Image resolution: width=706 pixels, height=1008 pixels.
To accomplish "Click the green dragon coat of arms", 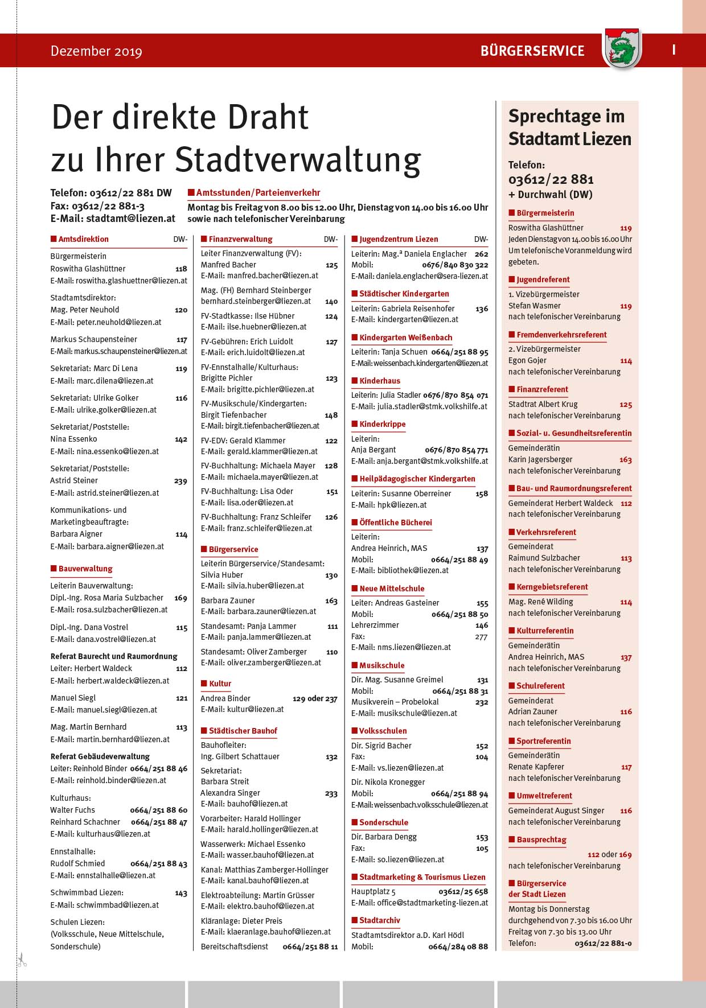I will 622,50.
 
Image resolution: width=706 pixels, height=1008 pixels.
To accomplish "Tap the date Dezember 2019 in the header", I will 96,51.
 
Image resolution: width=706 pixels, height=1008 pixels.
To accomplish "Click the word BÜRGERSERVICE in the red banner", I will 532,51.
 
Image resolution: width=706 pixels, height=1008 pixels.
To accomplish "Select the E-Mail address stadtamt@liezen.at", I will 130,218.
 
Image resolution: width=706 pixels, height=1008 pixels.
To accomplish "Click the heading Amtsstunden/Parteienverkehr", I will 258,193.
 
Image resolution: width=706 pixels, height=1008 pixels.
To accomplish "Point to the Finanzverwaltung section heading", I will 240,239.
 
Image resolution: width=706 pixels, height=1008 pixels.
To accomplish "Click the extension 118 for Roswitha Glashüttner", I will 181,269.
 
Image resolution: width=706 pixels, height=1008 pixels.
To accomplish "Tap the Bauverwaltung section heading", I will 85,569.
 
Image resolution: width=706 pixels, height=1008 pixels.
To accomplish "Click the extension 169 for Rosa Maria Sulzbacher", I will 180,598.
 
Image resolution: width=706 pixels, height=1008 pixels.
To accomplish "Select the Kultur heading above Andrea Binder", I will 220,684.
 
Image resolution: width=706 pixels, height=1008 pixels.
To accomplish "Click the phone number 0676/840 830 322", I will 455,265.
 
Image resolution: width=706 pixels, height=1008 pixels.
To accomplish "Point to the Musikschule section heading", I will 381,665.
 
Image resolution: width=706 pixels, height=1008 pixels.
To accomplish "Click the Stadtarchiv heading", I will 379,920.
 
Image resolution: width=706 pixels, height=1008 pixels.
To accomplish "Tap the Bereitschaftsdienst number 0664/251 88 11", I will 310,947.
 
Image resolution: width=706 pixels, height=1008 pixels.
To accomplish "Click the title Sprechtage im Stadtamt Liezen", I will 569,127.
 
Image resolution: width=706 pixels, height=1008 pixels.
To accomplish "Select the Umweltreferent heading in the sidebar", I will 544,796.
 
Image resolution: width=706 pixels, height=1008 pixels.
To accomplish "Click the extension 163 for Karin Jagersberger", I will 626,460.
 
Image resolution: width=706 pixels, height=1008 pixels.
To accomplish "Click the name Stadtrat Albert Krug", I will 543,404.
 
